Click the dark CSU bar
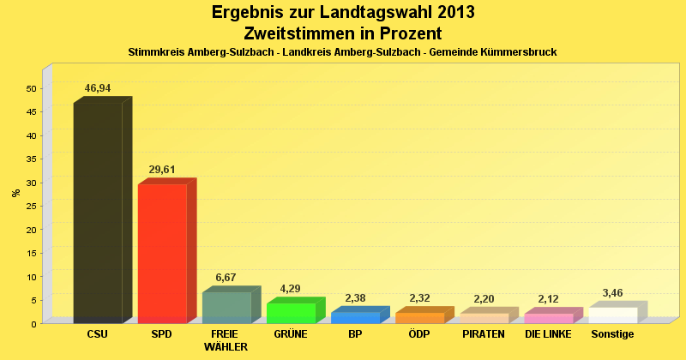[98, 212]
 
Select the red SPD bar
[162, 253]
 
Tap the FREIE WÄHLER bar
[226, 308]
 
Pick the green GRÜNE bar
[291, 313]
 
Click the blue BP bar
[355, 317]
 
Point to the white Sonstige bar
[613, 315]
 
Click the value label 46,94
[98, 88]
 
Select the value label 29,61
[162, 170]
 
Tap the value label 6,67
[226, 278]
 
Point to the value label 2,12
[549, 299]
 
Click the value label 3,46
[613, 293]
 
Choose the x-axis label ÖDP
[419, 334]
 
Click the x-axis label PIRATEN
[484, 334]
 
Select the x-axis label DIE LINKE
[549, 334]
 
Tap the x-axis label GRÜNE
[291, 334]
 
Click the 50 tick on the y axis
[32, 88]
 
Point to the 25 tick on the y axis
[32, 206]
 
